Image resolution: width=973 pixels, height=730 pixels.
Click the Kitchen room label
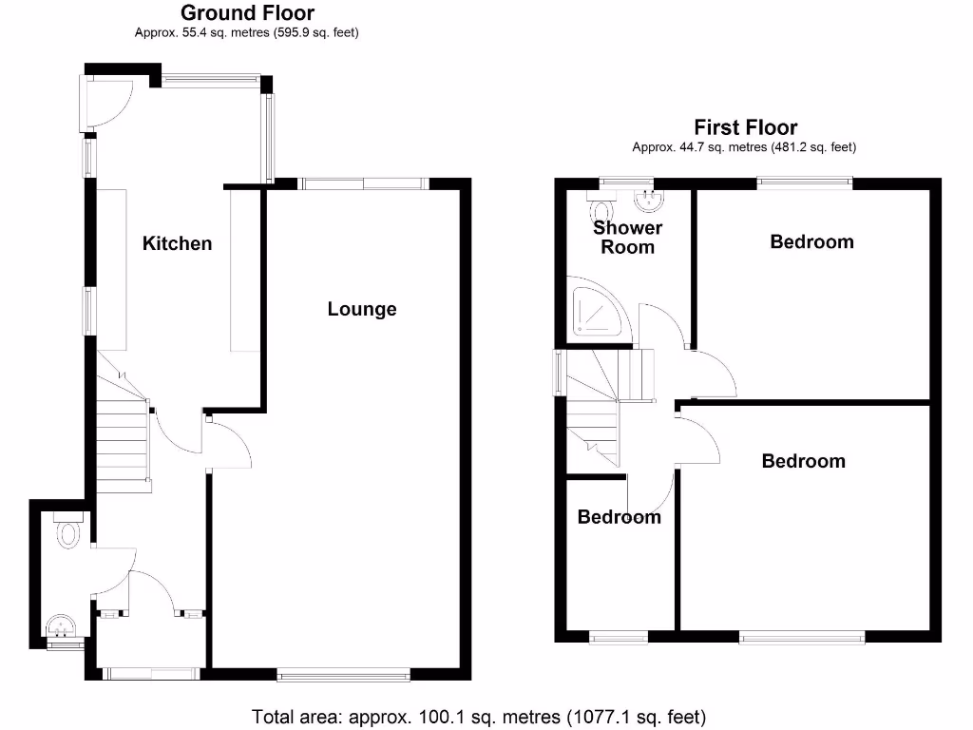[177, 243]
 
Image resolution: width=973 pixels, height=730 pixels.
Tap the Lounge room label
[361, 309]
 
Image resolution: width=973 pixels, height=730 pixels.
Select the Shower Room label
[627, 238]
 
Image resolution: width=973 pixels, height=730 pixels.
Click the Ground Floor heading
[247, 13]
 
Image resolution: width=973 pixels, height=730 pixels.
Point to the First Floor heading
[745, 127]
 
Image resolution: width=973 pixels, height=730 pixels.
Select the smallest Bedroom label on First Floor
[619, 517]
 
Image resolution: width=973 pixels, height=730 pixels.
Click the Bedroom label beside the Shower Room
[811, 241]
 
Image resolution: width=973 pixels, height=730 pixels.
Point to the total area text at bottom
[479, 716]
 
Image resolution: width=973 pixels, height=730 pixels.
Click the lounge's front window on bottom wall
[344, 674]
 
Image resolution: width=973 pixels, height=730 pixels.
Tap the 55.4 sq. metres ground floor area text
[247, 33]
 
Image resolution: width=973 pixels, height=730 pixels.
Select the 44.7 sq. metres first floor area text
[745, 147]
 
